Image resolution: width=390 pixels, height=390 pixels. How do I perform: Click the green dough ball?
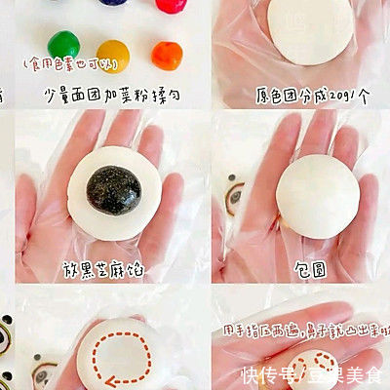tap(64, 43)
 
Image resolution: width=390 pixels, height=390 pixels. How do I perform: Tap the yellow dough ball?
tap(112, 54)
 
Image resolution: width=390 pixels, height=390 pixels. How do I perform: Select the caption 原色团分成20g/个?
tap(301, 96)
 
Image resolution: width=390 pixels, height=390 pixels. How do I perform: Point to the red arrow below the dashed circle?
tap(97, 376)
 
